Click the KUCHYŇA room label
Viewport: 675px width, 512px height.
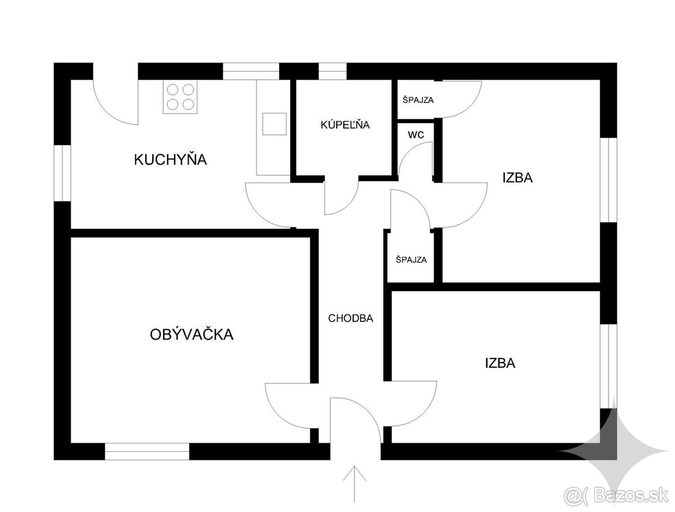point(170,160)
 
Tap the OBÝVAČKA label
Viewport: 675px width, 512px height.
point(191,334)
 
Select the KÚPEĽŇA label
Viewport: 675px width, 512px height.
point(345,125)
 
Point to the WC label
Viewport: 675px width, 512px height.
point(416,135)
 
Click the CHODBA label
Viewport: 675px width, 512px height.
point(350,318)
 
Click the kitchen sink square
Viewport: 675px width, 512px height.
point(274,124)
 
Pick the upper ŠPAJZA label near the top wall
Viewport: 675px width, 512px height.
point(418,100)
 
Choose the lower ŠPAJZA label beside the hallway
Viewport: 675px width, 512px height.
point(411,260)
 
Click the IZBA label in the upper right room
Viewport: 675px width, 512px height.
point(517,178)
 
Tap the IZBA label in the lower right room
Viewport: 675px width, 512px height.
point(500,363)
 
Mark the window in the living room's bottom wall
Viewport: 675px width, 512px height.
point(147,451)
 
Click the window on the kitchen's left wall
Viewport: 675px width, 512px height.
point(62,174)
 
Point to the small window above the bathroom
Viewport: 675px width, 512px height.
point(332,71)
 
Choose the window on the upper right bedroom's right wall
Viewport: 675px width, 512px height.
point(609,179)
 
